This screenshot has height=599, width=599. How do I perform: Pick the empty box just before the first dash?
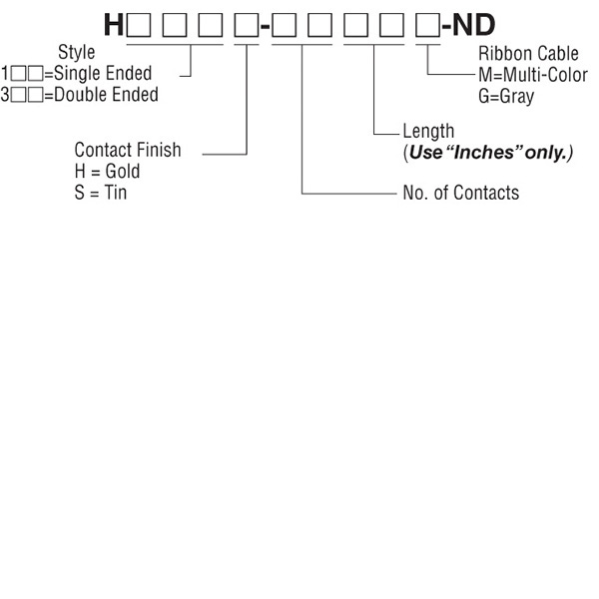245,24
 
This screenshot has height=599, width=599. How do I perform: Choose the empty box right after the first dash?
283,24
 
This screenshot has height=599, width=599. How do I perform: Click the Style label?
77,53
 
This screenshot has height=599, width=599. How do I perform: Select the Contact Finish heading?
128,150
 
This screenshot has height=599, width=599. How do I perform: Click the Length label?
428,132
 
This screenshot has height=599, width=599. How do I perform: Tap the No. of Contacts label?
460,193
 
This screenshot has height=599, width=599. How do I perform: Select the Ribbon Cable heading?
528,54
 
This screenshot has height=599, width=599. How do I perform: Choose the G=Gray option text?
505,97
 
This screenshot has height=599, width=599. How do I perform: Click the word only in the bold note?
548,154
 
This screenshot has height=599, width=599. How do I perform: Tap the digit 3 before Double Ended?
5,95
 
